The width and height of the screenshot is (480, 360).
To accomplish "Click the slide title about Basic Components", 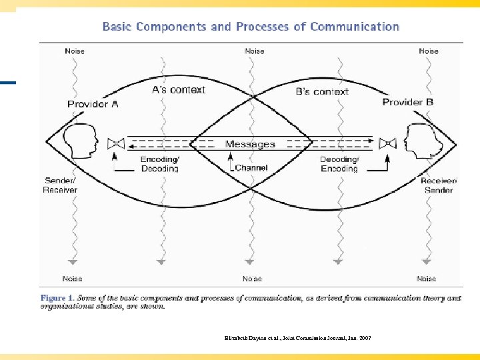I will [251, 27].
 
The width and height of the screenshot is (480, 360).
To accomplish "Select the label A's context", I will [178, 90].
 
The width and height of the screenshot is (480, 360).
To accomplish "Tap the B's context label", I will [322, 91].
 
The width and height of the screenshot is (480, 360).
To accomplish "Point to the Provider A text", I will [93, 104].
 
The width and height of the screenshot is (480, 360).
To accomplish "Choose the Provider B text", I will [407, 102].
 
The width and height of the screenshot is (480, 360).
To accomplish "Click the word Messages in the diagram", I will [250, 144].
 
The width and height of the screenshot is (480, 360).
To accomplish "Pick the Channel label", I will [251, 168].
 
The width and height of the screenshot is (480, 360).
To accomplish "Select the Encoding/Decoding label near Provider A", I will [159, 164].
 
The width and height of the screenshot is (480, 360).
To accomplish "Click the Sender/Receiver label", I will [61, 185].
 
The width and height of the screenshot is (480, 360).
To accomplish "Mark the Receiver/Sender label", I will [438, 185].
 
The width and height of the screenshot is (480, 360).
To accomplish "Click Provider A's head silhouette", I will [80, 142].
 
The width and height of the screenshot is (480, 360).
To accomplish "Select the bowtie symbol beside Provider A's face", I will [116, 143].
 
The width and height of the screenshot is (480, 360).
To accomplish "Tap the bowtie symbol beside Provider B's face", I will [387, 143].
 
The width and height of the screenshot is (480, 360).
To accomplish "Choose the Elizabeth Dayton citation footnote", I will [298, 338].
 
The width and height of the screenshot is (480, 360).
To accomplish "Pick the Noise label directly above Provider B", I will [429, 51].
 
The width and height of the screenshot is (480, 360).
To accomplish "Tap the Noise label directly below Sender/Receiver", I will [73, 279].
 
